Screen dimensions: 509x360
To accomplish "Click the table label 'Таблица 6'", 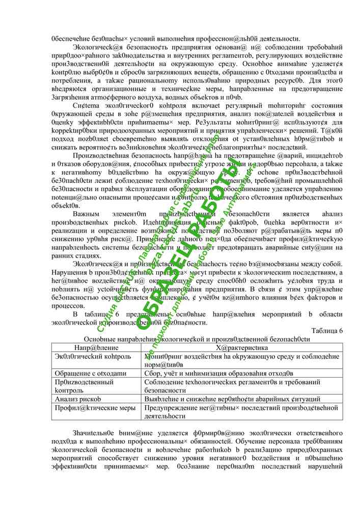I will pos(326,331).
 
